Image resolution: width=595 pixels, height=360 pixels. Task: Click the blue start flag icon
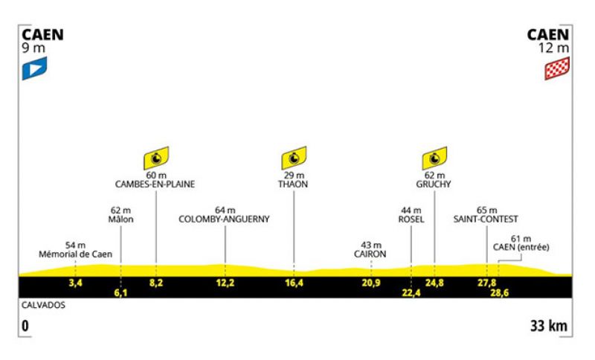click(34, 68)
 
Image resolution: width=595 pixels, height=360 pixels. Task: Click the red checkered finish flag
click(557, 68)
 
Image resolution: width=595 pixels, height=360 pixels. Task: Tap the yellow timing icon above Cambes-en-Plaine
click(156, 158)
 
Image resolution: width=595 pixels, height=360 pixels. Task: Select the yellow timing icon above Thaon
click(294, 158)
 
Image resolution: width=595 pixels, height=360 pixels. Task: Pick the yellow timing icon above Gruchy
click(434, 158)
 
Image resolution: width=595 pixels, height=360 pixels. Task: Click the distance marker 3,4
click(76, 283)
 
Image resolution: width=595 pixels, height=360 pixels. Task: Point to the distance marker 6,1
click(120, 292)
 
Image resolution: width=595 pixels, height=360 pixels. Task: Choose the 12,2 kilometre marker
click(225, 283)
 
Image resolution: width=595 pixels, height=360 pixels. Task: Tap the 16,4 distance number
click(294, 283)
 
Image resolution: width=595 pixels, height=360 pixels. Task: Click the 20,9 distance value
click(370, 283)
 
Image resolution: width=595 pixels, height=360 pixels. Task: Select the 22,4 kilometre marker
click(411, 292)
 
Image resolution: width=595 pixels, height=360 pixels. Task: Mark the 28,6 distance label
click(499, 292)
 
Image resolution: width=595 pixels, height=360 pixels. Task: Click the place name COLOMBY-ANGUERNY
click(224, 219)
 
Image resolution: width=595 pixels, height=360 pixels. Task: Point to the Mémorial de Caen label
click(76, 254)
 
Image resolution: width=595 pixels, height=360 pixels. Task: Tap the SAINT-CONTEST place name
click(486, 219)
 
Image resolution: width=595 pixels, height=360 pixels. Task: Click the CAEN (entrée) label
click(521, 248)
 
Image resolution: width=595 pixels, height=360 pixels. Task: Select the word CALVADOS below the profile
click(43, 306)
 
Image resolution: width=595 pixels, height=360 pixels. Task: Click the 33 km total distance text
click(549, 326)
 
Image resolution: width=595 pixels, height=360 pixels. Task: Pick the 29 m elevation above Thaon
click(294, 176)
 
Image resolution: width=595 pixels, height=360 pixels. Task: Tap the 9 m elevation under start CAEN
click(33, 48)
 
